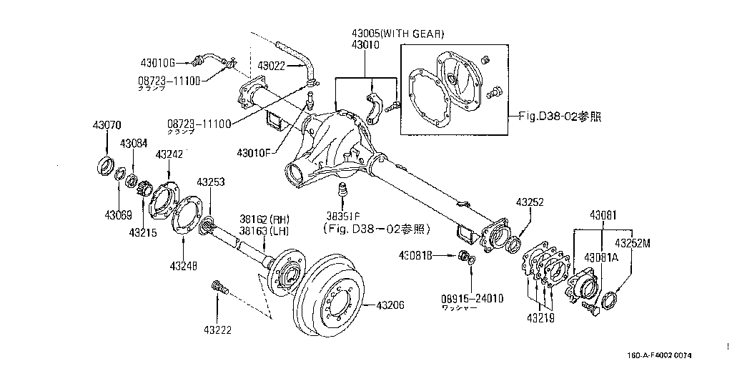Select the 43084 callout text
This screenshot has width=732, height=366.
tap(134, 143)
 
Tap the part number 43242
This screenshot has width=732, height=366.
tap(169, 154)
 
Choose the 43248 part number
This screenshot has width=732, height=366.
tap(184, 266)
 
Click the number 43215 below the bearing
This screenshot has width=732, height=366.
tap(144, 232)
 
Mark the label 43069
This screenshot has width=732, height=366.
tap(118, 214)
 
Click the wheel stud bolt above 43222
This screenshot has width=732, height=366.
tap(217, 288)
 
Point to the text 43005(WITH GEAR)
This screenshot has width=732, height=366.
tap(397, 34)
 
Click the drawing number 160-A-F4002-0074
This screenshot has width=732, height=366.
tap(660, 355)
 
